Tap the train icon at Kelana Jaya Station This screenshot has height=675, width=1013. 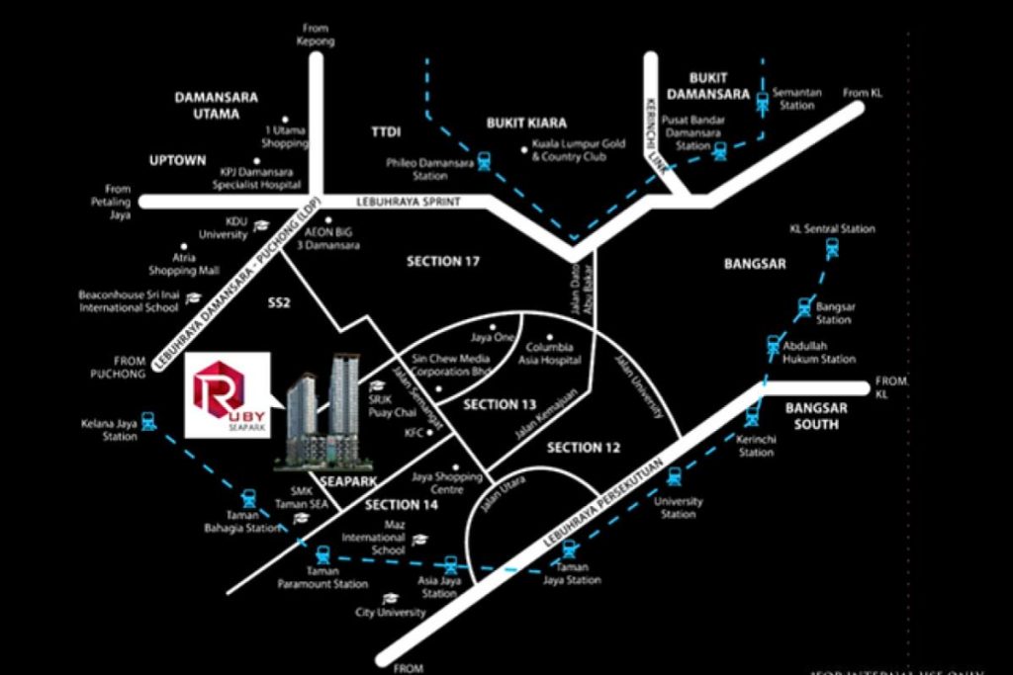147,420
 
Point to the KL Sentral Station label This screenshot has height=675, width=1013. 832,228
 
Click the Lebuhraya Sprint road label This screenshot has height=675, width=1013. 396,203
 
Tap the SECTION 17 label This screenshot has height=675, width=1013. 443,262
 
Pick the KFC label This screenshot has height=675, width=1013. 414,433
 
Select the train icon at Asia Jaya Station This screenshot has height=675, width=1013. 451,565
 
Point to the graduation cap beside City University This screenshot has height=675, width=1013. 390,599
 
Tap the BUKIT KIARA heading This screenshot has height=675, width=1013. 526,124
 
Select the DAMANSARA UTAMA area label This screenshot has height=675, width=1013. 217,106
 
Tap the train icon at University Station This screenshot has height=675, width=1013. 674,476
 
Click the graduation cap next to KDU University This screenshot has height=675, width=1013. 261,226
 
